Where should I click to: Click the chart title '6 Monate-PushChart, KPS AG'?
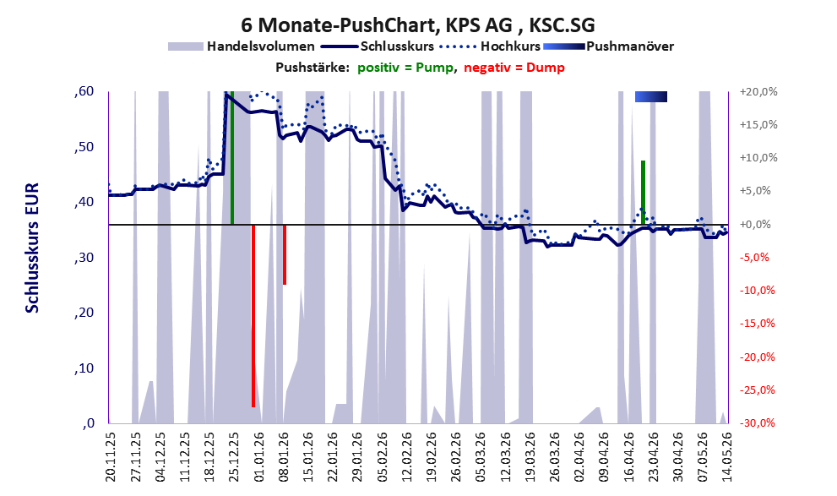coord(377,25)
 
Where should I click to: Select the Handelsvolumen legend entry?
coord(242,46)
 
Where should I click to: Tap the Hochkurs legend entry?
coord(490,46)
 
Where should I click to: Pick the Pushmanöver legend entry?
coord(608,46)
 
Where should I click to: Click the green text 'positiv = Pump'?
coord(405,68)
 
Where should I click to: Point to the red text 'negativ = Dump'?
coord(514,68)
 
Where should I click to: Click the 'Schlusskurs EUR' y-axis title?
coord(32,248)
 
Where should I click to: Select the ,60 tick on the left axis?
coord(84,92)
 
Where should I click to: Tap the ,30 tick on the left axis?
coord(84,258)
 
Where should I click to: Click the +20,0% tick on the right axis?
coord(758,92)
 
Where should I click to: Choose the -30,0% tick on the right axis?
coord(758,423)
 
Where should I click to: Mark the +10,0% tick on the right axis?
coord(758,158)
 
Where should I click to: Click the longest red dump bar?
coord(253,316)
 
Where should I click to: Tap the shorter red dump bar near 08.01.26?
coord(285,254)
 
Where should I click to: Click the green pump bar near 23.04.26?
coord(644,192)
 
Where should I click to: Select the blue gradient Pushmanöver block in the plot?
coord(650,96)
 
